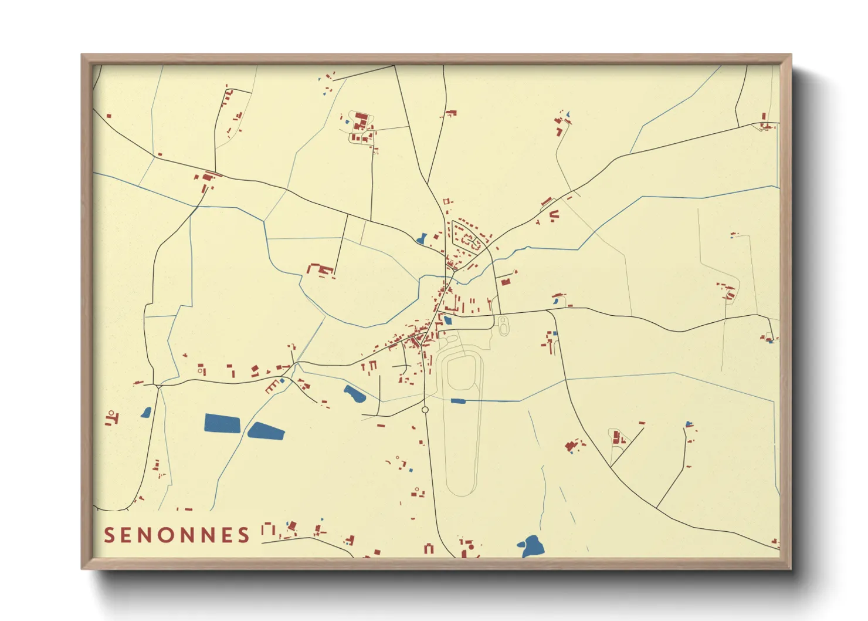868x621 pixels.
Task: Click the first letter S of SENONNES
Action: pos(109,535)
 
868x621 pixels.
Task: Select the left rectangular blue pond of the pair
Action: pos(222,423)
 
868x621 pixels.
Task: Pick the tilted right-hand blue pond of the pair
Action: pos(266,431)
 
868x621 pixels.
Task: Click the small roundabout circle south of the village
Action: pos(425,410)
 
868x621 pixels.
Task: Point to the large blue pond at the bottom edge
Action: pos(532,547)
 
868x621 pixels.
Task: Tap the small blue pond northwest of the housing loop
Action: pos(422,239)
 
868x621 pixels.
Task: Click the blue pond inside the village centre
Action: pos(448,320)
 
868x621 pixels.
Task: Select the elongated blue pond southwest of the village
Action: pos(354,394)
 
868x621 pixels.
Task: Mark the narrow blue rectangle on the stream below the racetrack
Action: pos(457,401)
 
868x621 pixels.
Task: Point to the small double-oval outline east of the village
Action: pos(503,325)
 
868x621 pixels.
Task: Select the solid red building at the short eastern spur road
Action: pos(506,282)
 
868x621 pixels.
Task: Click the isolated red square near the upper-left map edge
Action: pos(109,116)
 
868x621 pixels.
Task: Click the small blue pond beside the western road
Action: pos(146,413)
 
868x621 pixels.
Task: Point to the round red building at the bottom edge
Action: pos(470,547)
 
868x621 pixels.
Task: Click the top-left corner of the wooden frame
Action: pos(82,55)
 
